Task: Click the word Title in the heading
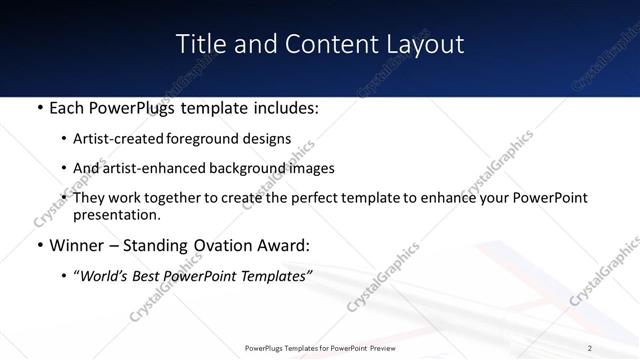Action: point(198,44)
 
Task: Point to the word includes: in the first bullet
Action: point(282,108)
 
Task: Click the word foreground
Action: point(204,139)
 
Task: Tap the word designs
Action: point(267,139)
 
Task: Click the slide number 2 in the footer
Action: point(591,348)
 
